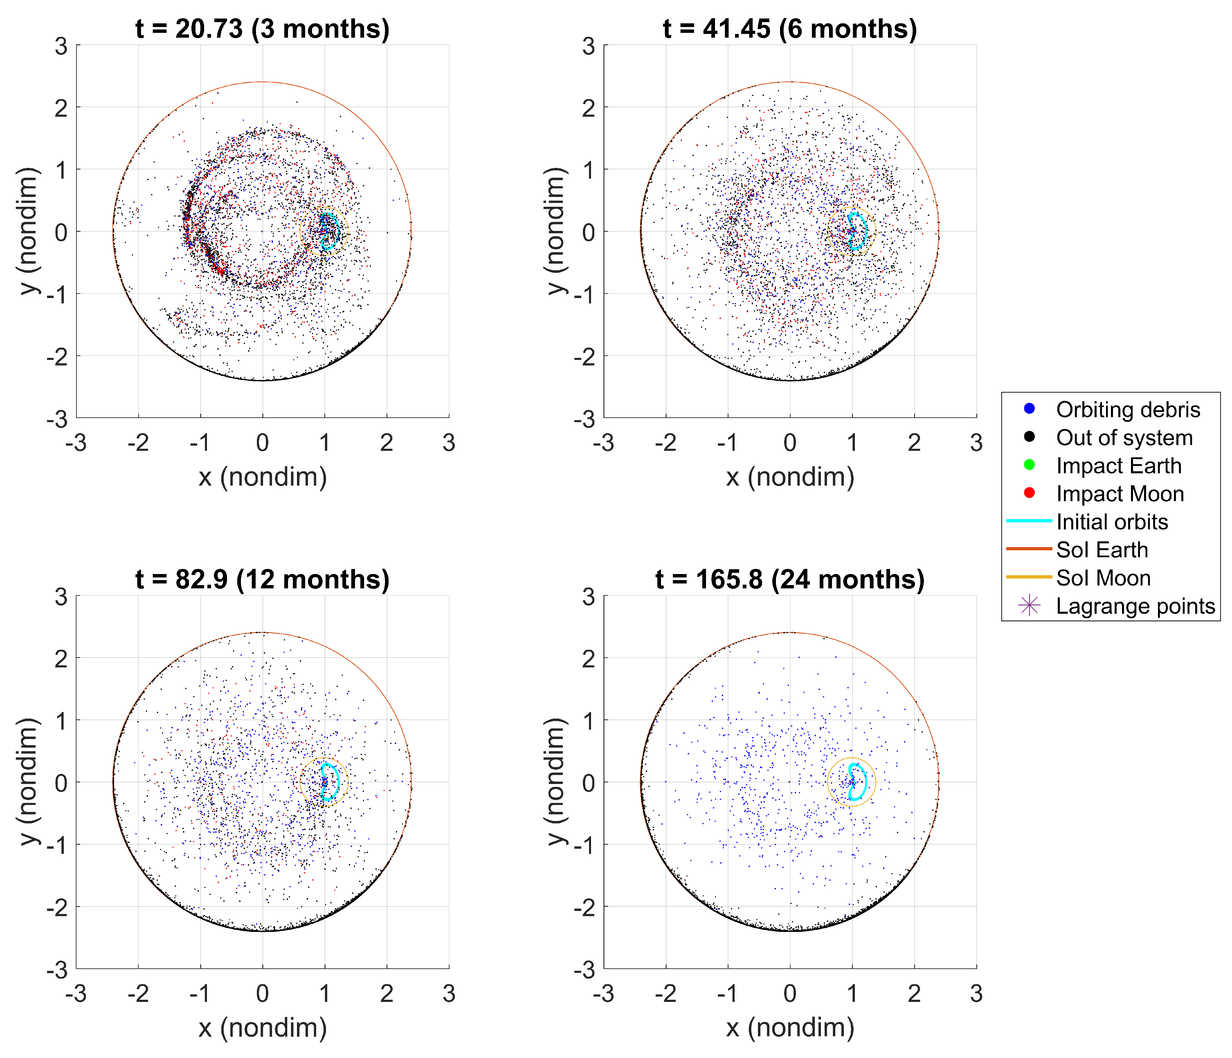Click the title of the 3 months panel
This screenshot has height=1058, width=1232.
262,29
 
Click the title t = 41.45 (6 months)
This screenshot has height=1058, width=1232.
789,29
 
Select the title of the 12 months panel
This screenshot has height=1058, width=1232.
262,579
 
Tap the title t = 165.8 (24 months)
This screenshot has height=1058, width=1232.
789,579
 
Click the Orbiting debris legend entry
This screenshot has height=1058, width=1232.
1127,409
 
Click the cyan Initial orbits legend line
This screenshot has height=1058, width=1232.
1029,521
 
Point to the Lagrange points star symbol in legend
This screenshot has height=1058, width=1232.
1029,605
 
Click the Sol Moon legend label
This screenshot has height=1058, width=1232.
1103,578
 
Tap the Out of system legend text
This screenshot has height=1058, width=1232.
1124,437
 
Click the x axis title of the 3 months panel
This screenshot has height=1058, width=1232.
262,477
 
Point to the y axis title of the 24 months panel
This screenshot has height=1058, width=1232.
554,781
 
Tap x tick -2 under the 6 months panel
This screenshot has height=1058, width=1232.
665,443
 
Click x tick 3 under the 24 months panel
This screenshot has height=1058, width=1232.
976,993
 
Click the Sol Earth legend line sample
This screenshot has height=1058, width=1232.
1029,549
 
